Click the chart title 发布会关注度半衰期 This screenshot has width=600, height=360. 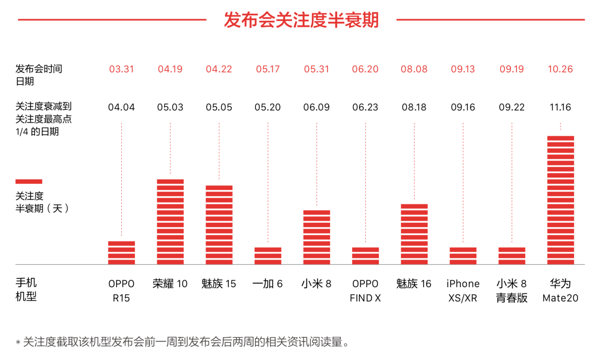(x=301, y=20)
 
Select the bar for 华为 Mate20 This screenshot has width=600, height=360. (x=560, y=200)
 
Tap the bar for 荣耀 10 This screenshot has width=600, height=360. (x=170, y=222)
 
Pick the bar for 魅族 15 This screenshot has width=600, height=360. (x=219, y=225)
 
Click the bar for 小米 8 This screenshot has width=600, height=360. (x=316, y=237)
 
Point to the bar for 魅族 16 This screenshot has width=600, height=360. (x=414, y=234)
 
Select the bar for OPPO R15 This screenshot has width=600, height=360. (x=122, y=253)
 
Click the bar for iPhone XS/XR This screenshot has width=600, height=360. (x=463, y=256)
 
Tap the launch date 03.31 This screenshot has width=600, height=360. (x=122, y=69)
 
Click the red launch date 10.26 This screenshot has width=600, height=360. (x=560, y=69)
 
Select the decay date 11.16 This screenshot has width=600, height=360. (x=560, y=107)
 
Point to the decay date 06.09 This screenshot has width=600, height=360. (x=316, y=107)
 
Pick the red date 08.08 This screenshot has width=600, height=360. (x=414, y=69)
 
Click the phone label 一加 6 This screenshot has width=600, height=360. (x=267, y=284)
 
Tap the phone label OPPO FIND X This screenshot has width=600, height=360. (x=365, y=291)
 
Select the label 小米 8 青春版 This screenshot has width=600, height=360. (x=512, y=291)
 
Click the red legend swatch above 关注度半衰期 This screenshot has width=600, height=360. (x=29, y=181)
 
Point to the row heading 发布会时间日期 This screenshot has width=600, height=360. (x=38, y=75)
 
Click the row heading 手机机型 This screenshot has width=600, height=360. (x=26, y=289)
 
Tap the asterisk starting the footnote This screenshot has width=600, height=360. (x=18, y=343)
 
